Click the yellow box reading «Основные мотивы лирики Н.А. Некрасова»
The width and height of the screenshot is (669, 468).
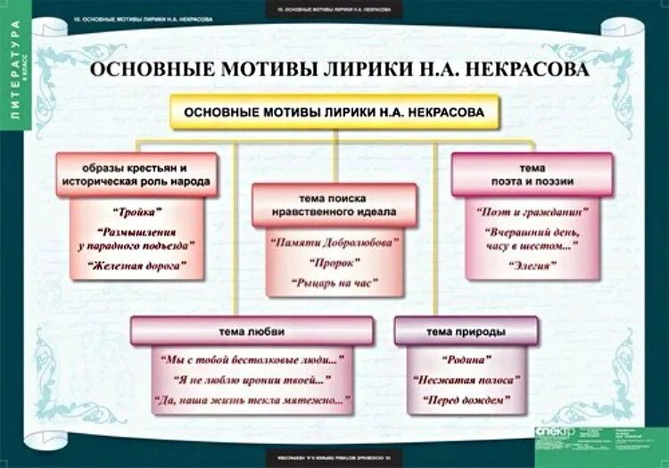coord(334,113)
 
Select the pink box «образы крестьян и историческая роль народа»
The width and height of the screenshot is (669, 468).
coord(136,175)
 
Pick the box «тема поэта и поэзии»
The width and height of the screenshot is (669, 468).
coord(533,174)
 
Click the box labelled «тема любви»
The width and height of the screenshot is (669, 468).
coord(252,331)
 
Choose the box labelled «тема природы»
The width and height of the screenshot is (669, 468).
coord(466,331)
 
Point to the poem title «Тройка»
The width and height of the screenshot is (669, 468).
coord(136,211)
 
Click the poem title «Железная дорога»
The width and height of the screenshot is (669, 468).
coord(137,265)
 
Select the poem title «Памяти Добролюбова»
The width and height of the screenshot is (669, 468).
coord(334,242)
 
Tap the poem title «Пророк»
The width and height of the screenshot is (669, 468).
coord(334,263)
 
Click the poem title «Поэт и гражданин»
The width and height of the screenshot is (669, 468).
coord(533,212)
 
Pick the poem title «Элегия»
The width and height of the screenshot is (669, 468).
coord(533,265)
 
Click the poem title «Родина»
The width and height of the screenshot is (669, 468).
coord(467,359)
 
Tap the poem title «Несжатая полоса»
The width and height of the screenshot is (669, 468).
coord(467,380)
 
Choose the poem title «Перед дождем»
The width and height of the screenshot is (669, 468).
coord(467,400)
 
